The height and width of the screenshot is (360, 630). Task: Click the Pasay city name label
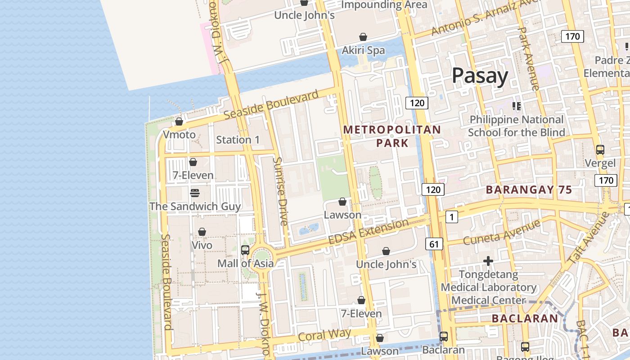coord(480,76)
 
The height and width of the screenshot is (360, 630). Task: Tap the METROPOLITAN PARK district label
coord(392,136)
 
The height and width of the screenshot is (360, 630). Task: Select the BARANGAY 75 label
coord(529,190)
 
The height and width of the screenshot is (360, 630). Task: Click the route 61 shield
coord(434,244)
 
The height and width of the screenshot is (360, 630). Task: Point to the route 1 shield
coord(451,217)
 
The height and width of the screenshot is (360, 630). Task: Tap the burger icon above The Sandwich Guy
coord(195,193)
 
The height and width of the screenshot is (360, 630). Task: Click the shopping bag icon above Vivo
coord(202,232)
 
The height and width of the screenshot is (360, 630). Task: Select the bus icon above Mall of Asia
coord(245,250)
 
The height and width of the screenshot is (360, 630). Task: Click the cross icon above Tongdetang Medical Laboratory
coord(488,261)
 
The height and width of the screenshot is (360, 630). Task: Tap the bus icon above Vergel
coord(600,150)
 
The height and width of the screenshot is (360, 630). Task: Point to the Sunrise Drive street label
coord(281,191)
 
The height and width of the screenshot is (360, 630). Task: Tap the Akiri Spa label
coord(363,50)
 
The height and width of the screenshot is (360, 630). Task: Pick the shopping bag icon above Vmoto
coord(179,121)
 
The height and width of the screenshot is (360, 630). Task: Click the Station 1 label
coord(238,140)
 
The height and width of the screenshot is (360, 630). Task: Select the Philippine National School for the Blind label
coord(516,126)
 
